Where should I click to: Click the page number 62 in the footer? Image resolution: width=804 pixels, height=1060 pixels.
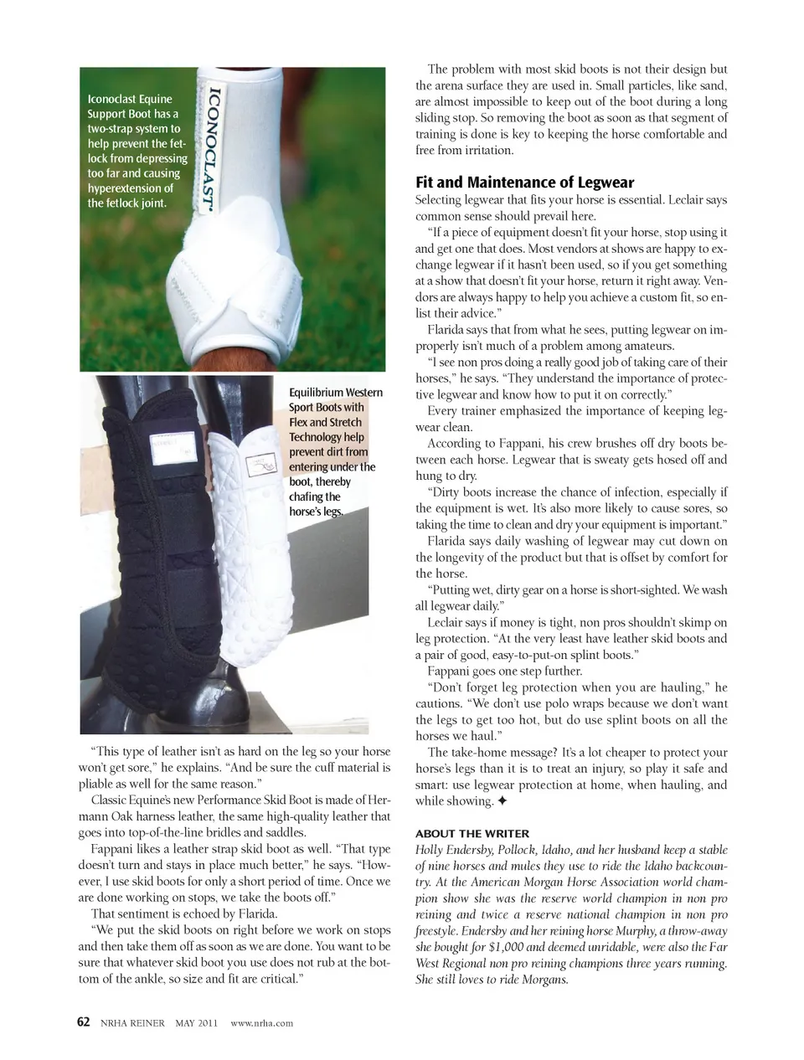click(x=84, y=1022)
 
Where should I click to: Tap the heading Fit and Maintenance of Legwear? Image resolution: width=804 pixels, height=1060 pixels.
click(x=524, y=183)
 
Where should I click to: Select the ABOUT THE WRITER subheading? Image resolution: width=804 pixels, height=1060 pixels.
click(x=472, y=833)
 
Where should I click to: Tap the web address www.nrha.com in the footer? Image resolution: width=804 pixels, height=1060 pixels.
click(x=261, y=1023)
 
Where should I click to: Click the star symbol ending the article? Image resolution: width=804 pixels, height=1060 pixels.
click(x=502, y=801)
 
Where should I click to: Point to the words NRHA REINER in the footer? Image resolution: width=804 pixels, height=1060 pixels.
click(x=133, y=1023)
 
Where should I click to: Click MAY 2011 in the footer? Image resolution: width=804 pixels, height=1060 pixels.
click(x=196, y=1023)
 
